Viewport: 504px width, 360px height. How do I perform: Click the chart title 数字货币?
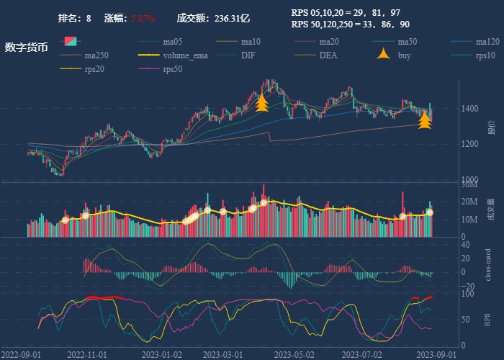(27, 48)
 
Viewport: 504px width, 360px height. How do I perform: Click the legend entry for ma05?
(173, 42)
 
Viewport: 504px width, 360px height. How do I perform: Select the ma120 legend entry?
(486, 42)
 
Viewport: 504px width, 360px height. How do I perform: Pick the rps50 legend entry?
(173, 69)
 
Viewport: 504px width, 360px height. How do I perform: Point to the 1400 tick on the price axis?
(469, 109)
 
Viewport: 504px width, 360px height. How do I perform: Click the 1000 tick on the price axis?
(469, 180)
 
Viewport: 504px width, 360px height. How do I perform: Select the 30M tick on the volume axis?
(469, 185)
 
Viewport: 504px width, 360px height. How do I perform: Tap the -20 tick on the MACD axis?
(467, 287)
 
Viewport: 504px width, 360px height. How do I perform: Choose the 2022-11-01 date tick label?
(87, 354)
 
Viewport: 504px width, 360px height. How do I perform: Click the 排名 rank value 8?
(89, 17)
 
